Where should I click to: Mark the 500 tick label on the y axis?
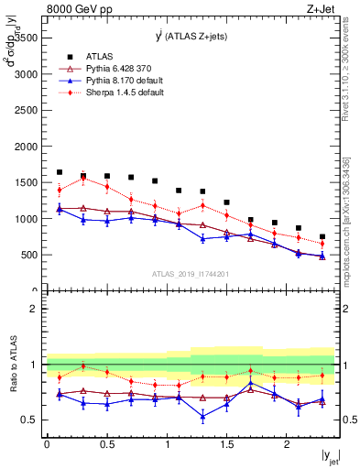(27, 256)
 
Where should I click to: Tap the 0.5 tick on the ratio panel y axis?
(31, 420)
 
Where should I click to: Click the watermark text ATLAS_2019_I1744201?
(191, 273)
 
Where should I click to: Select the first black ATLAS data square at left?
(60, 172)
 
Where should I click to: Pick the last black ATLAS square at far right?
(322, 236)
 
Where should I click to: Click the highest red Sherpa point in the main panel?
(83, 178)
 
